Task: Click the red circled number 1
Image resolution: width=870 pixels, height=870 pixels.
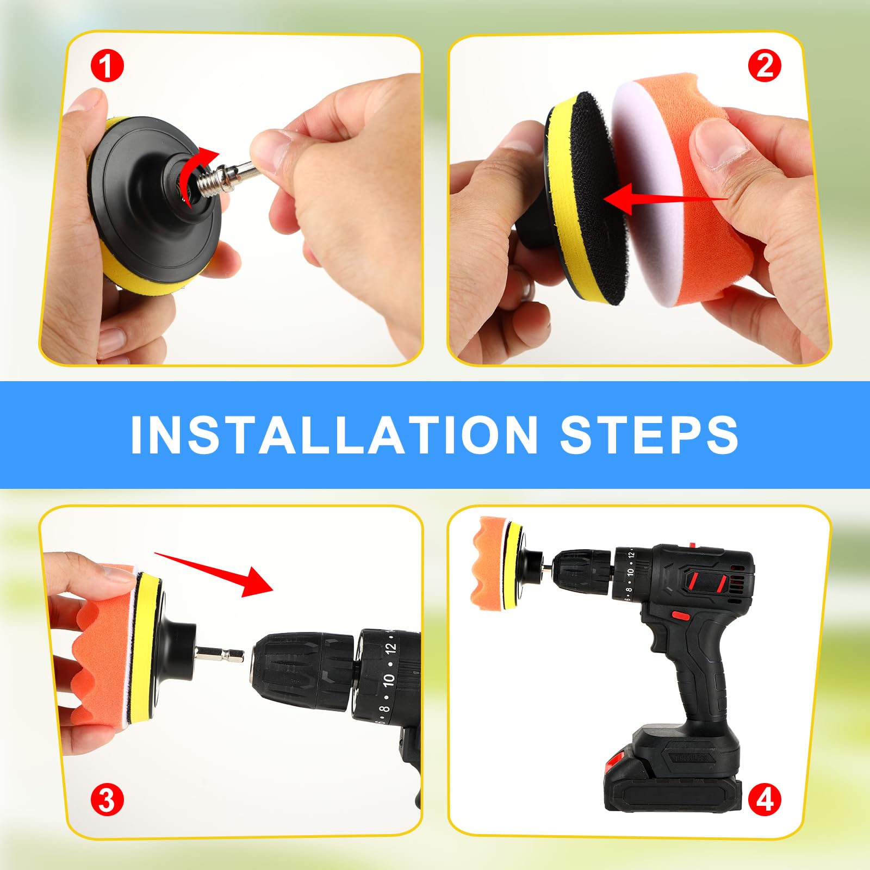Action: (107, 67)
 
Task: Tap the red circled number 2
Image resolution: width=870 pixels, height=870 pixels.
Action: (764, 66)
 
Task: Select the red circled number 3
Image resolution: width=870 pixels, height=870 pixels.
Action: (107, 800)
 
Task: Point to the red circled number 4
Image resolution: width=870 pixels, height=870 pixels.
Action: (764, 800)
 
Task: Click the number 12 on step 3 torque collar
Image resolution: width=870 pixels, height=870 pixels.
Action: (390, 648)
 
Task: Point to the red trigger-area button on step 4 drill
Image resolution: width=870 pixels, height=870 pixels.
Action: (679, 616)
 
